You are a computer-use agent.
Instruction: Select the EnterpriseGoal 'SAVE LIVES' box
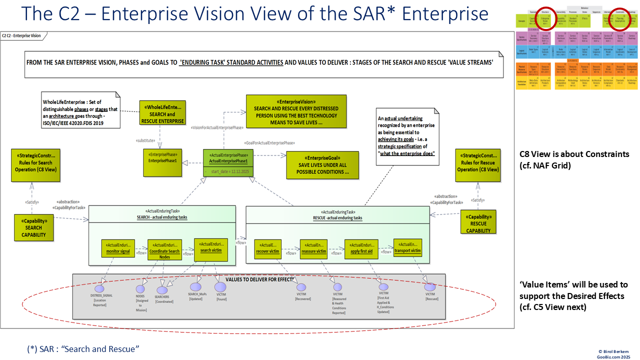[x=322, y=165]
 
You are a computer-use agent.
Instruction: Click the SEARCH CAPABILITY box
[x=33, y=227]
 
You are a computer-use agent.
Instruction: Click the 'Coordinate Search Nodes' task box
[x=164, y=251]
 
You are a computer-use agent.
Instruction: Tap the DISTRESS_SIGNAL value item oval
[x=99, y=288]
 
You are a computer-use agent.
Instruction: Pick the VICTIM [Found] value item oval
[x=220, y=287]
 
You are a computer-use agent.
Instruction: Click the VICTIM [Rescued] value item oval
[x=430, y=287]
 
